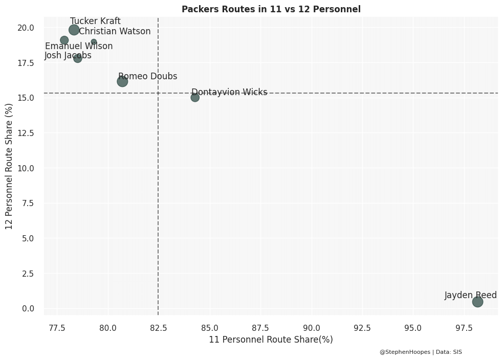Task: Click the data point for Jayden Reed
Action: pyautogui.click(x=477, y=302)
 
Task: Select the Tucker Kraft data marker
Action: pyautogui.click(x=74, y=30)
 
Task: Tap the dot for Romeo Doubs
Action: pyautogui.click(x=122, y=81)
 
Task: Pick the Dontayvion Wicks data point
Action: pyautogui.click(x=195, y=98)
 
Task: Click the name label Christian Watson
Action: pyautogui.click(x=115, y=32)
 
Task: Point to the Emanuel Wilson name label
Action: pyautogui.click(x=79, y=47)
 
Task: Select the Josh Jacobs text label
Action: pyautogui.click(x=68, y=56)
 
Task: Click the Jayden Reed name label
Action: pyautogui.click(x=470, y=296)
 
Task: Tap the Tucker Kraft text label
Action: pyautogui.click(x=95, y=21)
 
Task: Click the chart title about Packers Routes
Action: pyautogui.click(x=271, y=9)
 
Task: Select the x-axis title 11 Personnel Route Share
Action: pyautogui.click(x=271, y=340)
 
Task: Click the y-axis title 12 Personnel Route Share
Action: pyautogui.click(x=9, y=166)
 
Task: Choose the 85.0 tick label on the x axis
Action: pyautogui.click(x=210, y=327)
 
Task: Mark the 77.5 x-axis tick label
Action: pyautogui.click(x=57, y=327)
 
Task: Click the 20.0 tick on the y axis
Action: pyautogui.click(x=26, y=28)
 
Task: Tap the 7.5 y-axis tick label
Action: pyautogui.click(x=28, y=204)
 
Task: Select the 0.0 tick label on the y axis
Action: pyautogui.click(x=28, y=308)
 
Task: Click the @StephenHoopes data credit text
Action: pyautogui.click(x=421, y=352)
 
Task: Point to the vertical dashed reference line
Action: pyautogui.click(x=158, y=205)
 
